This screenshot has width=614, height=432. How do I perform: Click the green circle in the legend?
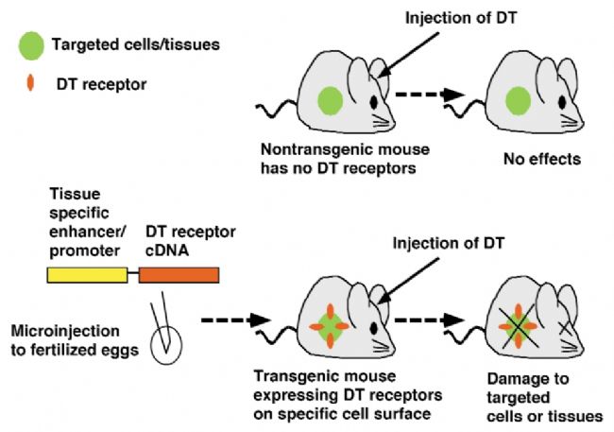(x=31, y=46)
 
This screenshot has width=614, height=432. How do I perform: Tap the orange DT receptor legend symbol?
(x=30, y=83)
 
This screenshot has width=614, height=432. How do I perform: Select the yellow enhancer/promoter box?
(x=87, y=275)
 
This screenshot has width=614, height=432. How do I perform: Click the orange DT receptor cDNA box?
(x=179, y=275)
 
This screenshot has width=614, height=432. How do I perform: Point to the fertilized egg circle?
(x=167, y=345)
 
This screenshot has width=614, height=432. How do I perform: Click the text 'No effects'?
(x=542, y=159)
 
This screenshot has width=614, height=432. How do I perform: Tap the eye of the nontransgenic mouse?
(x=374, y=102)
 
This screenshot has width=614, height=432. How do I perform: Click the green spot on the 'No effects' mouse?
(x=518, y=101)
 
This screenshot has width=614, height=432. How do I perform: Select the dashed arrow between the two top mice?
(x=430, y=95)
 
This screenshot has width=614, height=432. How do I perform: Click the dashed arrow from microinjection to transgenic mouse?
(x=236, y=320)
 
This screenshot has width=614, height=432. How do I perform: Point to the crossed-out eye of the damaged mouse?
(x=566, y=328)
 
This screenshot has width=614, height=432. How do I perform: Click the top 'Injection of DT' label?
(x=461, y=18)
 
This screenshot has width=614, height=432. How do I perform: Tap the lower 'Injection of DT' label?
(x=449, y=243)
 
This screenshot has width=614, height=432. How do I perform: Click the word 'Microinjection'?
(x=65, y=331)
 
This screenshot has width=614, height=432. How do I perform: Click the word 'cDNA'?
(x=167, y=251)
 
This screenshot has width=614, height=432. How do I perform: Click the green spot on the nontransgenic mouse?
(x=330, y=101)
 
